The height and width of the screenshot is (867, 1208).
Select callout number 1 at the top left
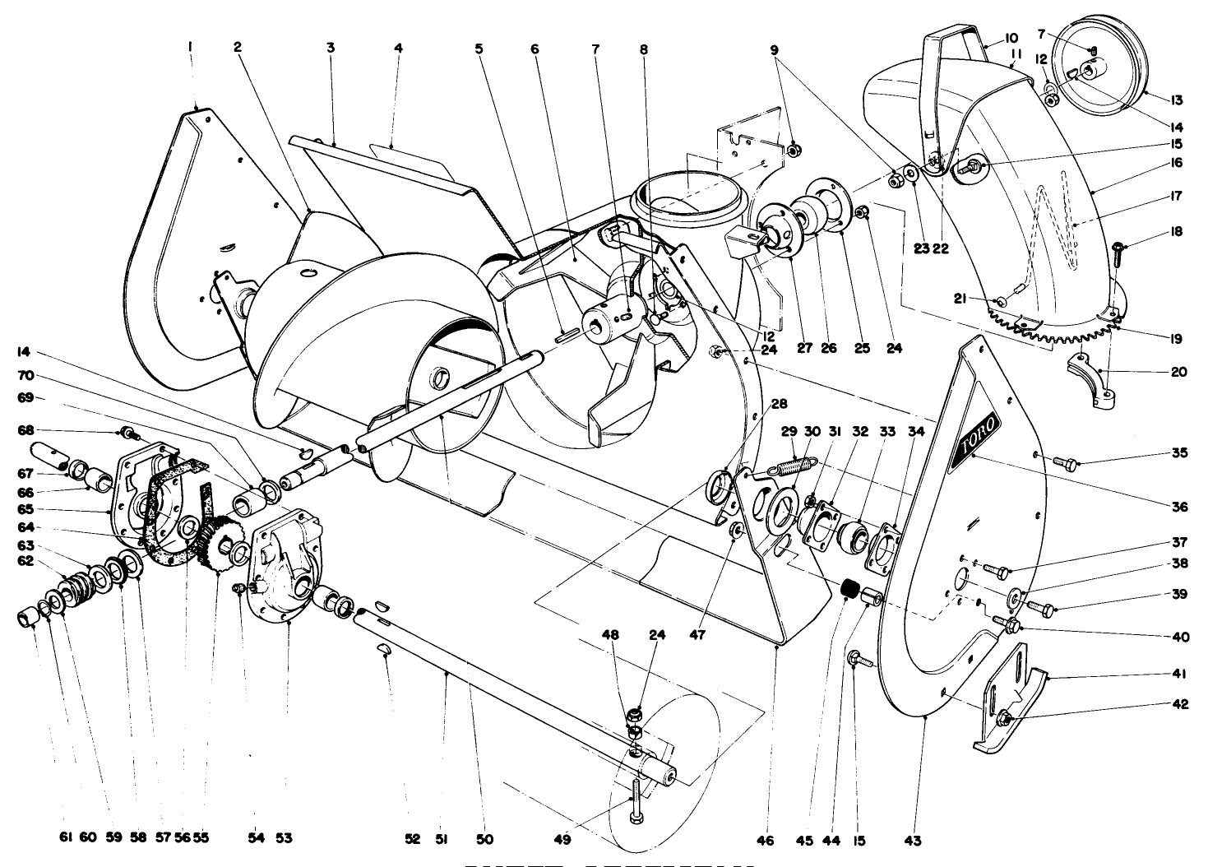click(x=190, y=49)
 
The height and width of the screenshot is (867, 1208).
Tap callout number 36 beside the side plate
click(x=1180, y=508)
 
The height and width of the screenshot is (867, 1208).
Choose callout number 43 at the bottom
click(x=913, y=841)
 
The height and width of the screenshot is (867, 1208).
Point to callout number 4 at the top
click(x=398, y=49)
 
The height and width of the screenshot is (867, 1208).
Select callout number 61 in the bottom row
click(x=66, y=838)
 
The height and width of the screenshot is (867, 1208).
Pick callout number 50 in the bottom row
click(x=485, y=839)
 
